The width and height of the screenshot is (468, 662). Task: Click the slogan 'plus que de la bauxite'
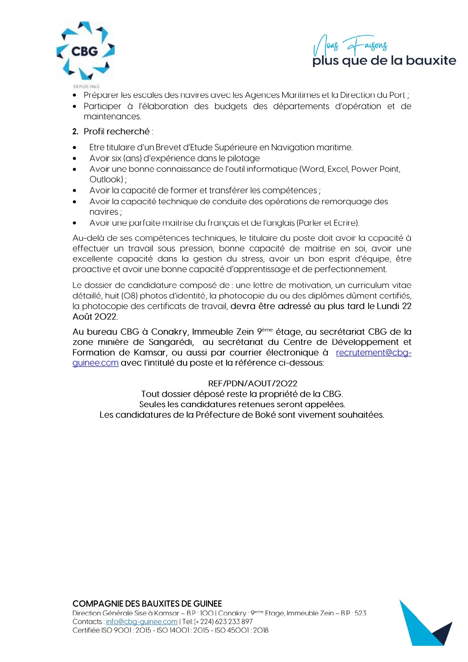(384, 61)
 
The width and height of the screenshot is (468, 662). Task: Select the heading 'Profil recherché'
(117, 132)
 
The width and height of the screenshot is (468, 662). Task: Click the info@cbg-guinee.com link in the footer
(141, 622)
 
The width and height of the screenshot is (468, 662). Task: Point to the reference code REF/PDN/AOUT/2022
(253, 384)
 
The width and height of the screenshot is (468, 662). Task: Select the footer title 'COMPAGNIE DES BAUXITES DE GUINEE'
(147, 604)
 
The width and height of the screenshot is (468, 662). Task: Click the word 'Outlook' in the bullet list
(106, 180)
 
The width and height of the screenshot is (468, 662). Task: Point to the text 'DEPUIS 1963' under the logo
(86, 87)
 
